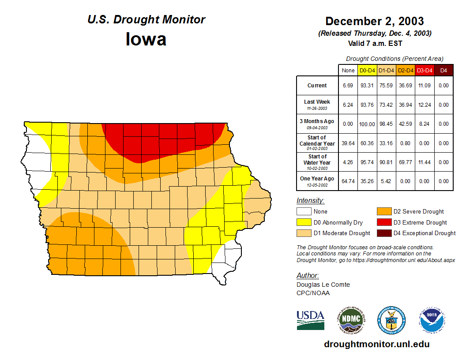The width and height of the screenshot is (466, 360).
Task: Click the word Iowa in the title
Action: [146, 39]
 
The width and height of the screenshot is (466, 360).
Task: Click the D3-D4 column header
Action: [425, 70]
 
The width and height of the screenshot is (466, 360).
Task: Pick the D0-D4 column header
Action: [367, 70]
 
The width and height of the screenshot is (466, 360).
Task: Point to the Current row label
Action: [317, 86]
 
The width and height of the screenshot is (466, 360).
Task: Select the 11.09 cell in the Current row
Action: [425, 86]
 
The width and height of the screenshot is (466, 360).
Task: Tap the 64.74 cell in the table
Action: [348, 181]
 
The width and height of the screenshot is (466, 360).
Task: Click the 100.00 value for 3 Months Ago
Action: [367, 124]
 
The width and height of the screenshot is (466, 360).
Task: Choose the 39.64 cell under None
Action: [348, 143]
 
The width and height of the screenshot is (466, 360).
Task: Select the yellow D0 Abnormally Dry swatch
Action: [304, 222]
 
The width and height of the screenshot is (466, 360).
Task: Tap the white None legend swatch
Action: [304, 212]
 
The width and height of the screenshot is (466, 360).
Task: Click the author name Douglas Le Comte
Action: [323, 285]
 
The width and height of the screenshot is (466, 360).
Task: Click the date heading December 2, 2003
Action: [375, 21]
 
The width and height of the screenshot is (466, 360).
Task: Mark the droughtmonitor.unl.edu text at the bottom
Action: [376, 344]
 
